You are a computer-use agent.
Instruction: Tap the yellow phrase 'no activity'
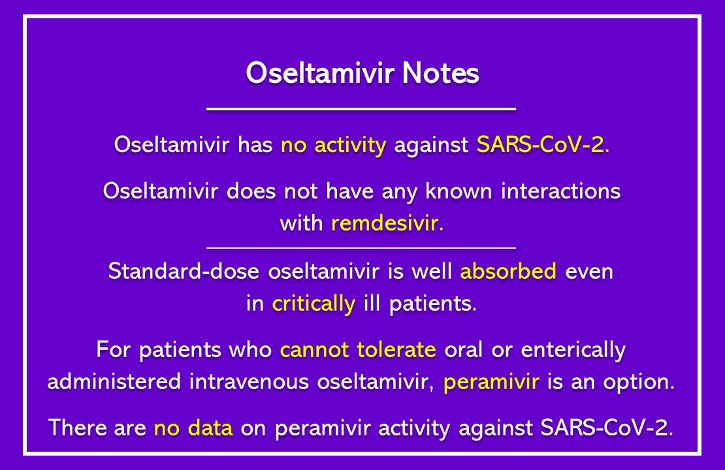pyautogui.click(x=333, y=145)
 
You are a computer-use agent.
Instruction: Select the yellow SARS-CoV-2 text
pyautogui.click(x=541, y=145)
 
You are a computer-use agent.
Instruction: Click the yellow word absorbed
pyautogui.click(x=508, y=272)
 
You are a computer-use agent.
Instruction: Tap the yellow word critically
pyautogui.click(x=314, y=304)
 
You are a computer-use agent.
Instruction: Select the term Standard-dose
pyautogui.click(x=185, y=272)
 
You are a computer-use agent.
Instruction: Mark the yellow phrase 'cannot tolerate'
pyautogui.click(x=358, y=350)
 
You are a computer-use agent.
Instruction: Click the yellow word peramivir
pyautogui.click(x=491, y=382)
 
